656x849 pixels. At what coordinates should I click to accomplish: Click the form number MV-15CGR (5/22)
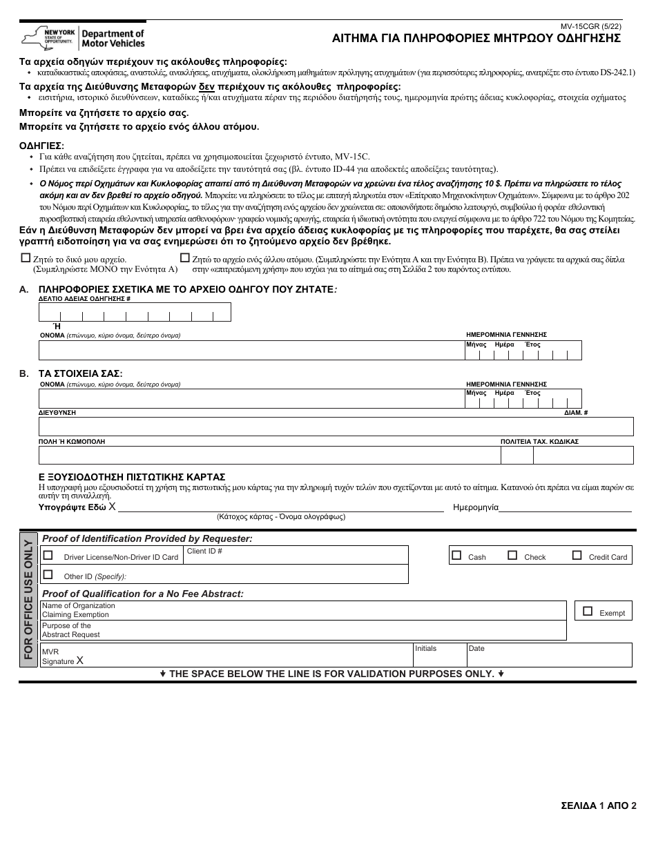pyautogui.click(x=590, y=27)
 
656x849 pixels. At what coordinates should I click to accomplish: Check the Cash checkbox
pyautogui.click(x=456, y=555)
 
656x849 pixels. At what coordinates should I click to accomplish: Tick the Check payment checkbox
pyautogui.click(x=512, y=555)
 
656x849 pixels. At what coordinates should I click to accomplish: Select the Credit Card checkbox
pyautogui.click(x=577, y=555)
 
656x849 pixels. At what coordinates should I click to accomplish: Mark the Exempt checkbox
pyautogui.click(x=588, y=611)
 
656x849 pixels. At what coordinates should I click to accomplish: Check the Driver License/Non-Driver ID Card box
pyautogui.click(x=48, y=555)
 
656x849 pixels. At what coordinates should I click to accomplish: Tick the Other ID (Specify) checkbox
pyautogui.click(x=48, y=574)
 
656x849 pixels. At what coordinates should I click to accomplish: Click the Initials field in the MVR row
pyautogui.click(x=438, y=657)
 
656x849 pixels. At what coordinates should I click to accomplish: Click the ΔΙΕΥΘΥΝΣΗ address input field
pyautogui.click(x=336, y=427)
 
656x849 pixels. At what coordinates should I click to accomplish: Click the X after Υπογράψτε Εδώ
pyautogui.click(x=112, y=507)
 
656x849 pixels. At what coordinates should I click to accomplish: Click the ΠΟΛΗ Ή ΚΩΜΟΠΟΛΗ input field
pyautogui.click(x=269, y=456)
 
